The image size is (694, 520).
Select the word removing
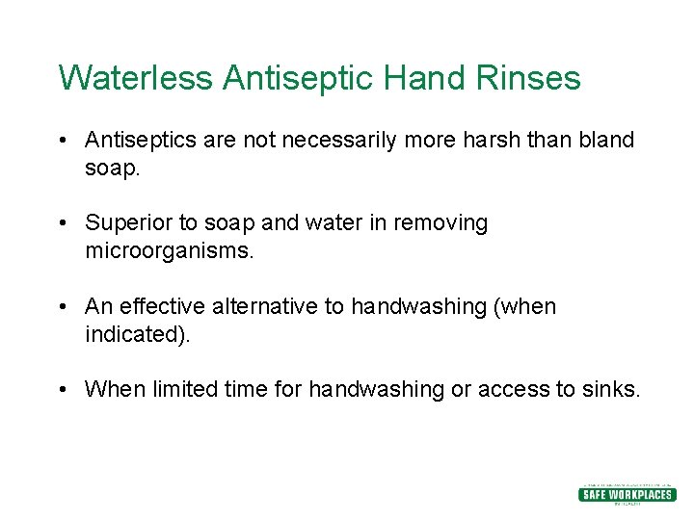click(x=445, y=223)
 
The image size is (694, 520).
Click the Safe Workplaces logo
click(x=627, y=493)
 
